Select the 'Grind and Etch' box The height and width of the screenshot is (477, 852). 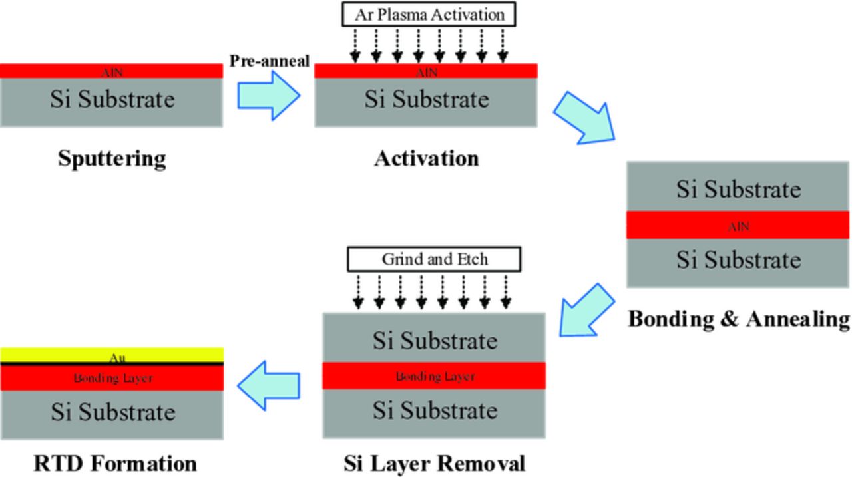(x=434, y=259)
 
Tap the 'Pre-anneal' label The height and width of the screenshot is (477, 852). (x=270, y=61)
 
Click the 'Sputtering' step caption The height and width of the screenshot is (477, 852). (x=111, y=159)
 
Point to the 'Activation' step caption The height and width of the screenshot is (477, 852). (x=426, y=159)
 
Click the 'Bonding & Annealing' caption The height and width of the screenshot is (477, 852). (x=739, y=319)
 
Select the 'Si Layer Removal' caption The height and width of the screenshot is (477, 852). (x=434, y=463)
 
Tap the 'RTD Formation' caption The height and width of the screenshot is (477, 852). (x=115, y=463)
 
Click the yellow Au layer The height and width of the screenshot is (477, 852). (x=111, y=355)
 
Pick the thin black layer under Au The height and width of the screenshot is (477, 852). (x=111, y=364)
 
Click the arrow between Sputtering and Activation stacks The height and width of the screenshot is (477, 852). (x=268, y=96)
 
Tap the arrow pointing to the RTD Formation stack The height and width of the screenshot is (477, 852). (x=268, y=386)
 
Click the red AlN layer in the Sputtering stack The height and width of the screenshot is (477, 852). (x=111, y=71)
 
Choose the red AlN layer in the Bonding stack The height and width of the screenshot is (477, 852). (x=738, y=226)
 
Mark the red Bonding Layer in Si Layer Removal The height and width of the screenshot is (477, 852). (x=434, y=376)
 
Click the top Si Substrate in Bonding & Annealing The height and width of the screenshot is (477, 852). (x=738, y=188)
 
